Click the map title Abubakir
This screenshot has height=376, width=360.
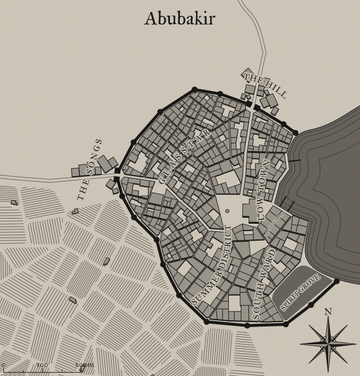(x=179, y=19)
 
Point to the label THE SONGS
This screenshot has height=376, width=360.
(x=90, y=170)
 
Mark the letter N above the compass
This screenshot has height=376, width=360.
(x=327, y=311)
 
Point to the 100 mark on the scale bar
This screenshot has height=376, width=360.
(x=42, y=365)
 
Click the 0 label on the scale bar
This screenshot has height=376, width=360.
(x=3, y=365)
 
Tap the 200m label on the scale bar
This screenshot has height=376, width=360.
(x=84, y=365)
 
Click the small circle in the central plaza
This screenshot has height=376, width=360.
(x=227, y=211)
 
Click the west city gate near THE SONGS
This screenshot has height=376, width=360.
(x=117, y=174)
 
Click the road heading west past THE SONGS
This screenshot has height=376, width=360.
(x=38, y=178)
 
